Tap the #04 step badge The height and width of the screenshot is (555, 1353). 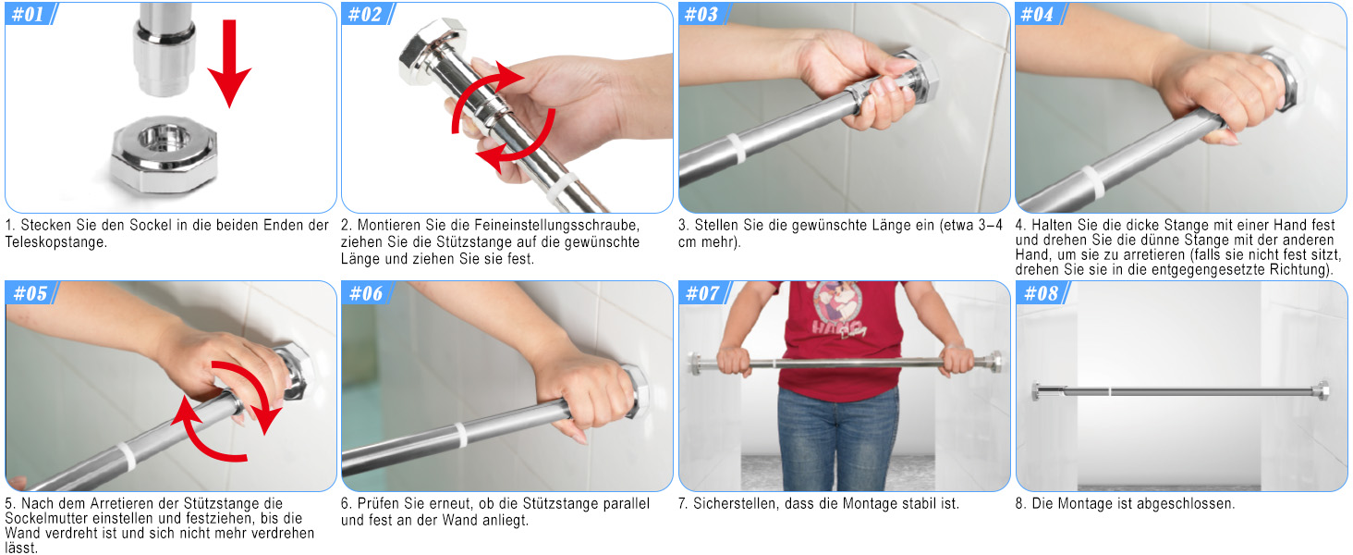tap(1040, 14)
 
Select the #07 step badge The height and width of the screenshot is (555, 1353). tap(704, 293)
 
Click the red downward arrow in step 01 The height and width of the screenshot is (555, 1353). tap(229, 64)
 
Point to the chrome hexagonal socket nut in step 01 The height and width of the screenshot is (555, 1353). tap(164, 154)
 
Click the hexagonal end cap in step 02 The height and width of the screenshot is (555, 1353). tap(433, 51)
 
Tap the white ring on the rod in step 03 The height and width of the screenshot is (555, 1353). tap(736, 149)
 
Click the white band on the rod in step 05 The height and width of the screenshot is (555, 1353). tap(127, 456)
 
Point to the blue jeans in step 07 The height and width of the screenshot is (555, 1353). tap(836, 438)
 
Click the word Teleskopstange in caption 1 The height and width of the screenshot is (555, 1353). tap(55, 242)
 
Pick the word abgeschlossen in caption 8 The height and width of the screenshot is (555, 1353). tap(1184, 503)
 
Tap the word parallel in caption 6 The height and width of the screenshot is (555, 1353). tap(622, 503)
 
